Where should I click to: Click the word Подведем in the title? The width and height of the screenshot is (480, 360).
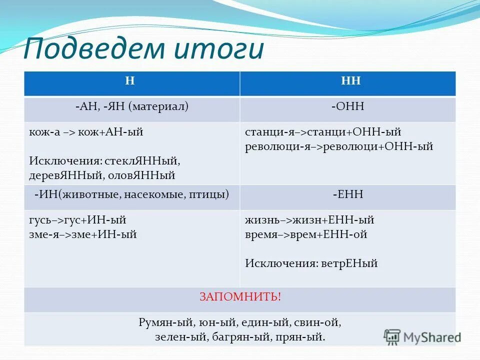click(92, 50)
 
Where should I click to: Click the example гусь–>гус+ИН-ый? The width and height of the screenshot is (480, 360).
click(77, 219)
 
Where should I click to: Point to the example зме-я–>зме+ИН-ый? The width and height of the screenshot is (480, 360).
click(82, 234)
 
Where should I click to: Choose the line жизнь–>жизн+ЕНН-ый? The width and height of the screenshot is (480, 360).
click(309, 219)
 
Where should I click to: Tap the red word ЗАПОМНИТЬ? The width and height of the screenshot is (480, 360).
click(240, 297)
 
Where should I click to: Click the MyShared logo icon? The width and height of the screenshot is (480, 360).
click(392, 336)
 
